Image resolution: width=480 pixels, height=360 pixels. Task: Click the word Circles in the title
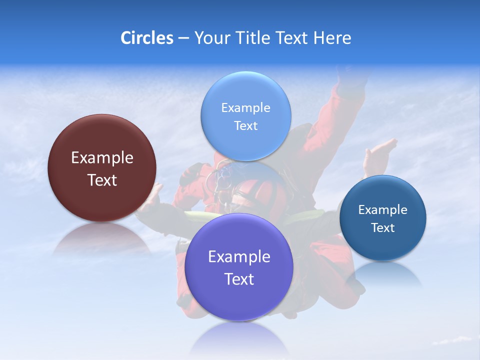146,38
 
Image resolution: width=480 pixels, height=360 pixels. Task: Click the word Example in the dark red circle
102,158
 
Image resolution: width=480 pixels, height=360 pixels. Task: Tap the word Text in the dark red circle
102,180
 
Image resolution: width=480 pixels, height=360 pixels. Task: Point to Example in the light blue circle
246,108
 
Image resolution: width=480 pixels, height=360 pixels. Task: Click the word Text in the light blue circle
246,126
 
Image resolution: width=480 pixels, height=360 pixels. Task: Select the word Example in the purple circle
239,257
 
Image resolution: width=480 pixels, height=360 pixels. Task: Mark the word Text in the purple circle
239,279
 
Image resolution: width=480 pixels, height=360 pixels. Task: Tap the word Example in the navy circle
383,210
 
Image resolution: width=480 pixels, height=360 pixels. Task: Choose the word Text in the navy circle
383,228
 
